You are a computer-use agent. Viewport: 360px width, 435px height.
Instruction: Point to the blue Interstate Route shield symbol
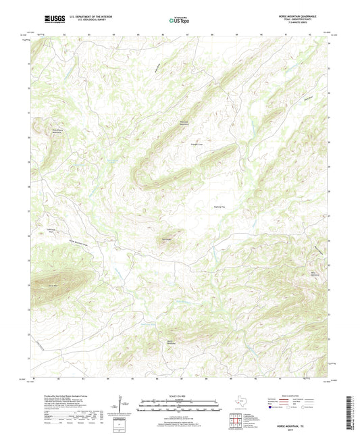[272, 407]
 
